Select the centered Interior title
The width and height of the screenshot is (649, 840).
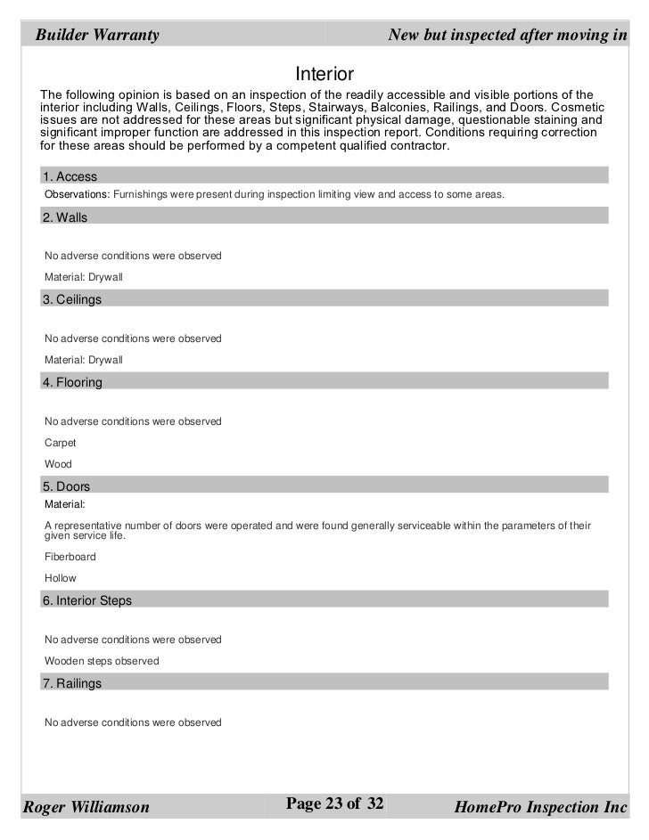pyautogui.click(x=324, y=72)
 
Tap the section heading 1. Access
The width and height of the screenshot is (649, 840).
pyautogui.click(x=70, y=176)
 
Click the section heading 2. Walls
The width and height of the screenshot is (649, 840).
pyautogui.click(x=65, y=217)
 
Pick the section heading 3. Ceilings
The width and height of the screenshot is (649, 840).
pyautogui.click(x=72, y=300)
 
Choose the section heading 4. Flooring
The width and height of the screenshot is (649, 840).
pyautogui.click(x=72, y=382)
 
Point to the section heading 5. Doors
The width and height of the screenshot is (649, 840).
pyautogui.click(x=66, y=487)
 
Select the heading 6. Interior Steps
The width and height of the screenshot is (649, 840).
pyautogui.click(x=87, y=600)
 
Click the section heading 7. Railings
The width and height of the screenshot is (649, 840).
pyautogui.click(x=72, y=683)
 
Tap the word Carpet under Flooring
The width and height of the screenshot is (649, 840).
pyautogui.click(x=61, y=443)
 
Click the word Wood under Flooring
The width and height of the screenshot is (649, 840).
pyautogui.click(x=58, y=464)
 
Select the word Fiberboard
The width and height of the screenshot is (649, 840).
pyautogui.click(x=70, y=557)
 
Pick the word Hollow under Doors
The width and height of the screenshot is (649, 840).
pyautogui.click(x=61, y=578)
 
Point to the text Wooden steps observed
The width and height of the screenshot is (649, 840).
pyautogui.click(x=102, y=661)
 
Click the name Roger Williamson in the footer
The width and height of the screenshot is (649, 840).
pyautogui.click(x=86, y=808)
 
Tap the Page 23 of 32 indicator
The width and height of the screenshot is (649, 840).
pyautogui.click(x=333, y=804)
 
